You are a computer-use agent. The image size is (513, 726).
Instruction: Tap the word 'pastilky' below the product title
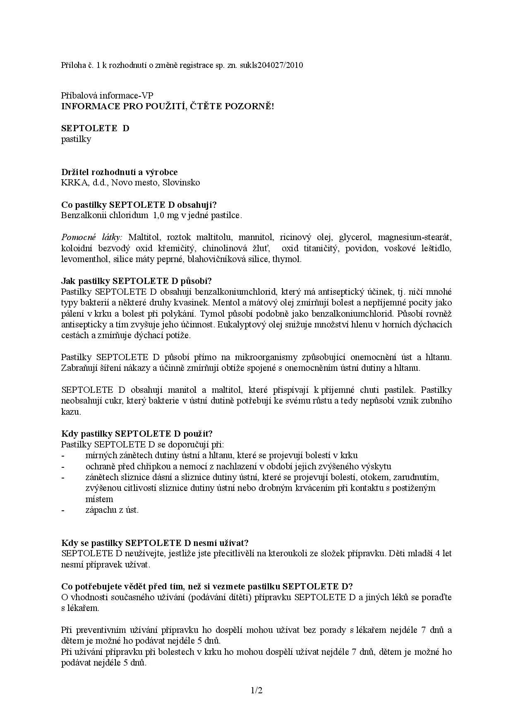[x=76, y=139]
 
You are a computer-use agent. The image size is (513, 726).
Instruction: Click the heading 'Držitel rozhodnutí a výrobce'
[x=119, y=172]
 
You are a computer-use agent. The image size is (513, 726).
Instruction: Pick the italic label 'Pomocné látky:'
[x=92, y=237]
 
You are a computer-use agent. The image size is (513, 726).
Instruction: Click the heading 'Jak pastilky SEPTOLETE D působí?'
[x=137, y=281]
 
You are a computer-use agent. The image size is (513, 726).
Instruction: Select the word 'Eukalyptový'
[x=243, y=325]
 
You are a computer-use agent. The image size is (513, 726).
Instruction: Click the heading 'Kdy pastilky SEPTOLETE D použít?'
[x=137, y=433]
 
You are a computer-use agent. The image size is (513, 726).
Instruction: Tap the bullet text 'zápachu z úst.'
[x=112, y=510]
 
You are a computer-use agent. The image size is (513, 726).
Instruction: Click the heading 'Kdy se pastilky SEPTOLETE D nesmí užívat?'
[x=155, y=543]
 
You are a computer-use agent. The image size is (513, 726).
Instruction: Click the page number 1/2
[x=256, y=690]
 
